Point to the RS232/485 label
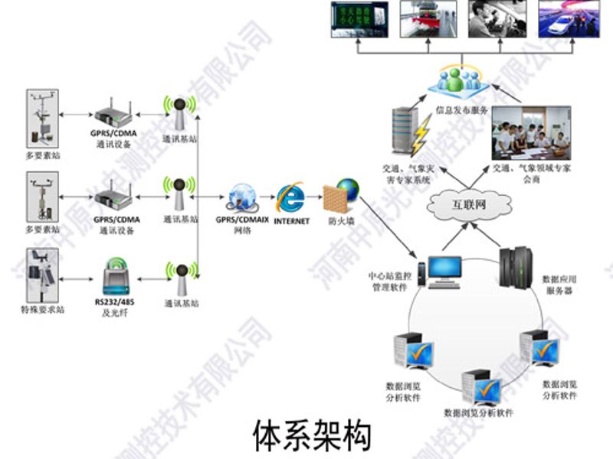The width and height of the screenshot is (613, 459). [115, 302]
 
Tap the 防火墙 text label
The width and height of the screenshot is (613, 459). [340, 222]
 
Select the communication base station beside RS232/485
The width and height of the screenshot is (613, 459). [181, 278]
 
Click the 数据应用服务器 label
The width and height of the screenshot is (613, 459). [559, 285]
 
